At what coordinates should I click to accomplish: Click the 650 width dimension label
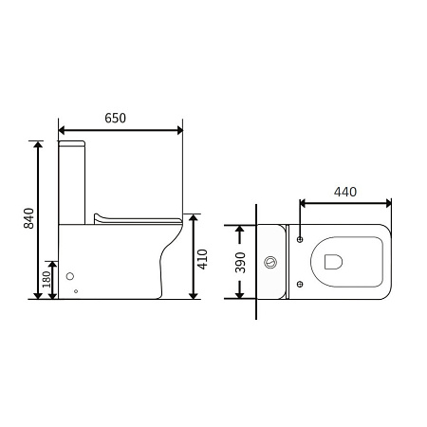tap(115, 118)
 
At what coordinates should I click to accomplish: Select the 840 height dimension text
tap(28, 218)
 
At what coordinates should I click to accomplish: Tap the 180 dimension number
tap(46, 279)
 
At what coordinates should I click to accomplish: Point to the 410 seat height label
tap(202, 259)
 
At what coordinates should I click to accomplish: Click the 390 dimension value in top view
tap(240, 263)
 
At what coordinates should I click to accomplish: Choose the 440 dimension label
tap(345, 192)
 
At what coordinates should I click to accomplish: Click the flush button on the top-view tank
tap(270, 262)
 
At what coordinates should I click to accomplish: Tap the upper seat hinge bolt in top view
tap(300, 239)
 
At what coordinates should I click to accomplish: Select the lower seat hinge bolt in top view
tap(300, 284)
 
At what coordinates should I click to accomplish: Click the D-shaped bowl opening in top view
tap(333, 262)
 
